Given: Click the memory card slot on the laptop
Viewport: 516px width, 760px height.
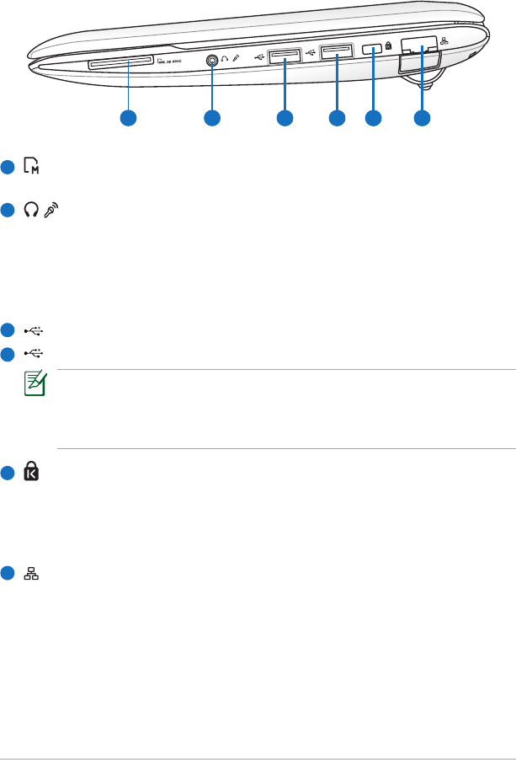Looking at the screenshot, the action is [129, 62].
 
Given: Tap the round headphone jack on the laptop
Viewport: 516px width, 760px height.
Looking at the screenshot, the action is [211, 60].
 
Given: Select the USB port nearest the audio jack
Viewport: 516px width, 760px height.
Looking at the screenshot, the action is [284, 57].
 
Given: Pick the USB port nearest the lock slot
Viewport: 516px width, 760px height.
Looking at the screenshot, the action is [337, 56].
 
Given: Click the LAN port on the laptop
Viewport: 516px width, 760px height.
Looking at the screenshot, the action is [418, 49].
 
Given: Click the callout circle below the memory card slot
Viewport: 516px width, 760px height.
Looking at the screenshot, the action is [128, 119].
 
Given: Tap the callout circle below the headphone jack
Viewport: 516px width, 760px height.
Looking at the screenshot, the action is [211, 119].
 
